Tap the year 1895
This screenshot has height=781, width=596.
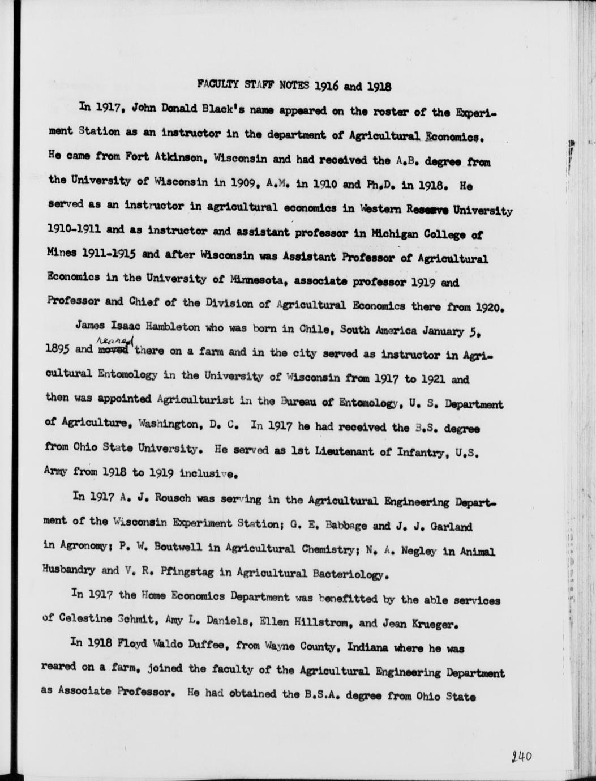click(x=58, y=349)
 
